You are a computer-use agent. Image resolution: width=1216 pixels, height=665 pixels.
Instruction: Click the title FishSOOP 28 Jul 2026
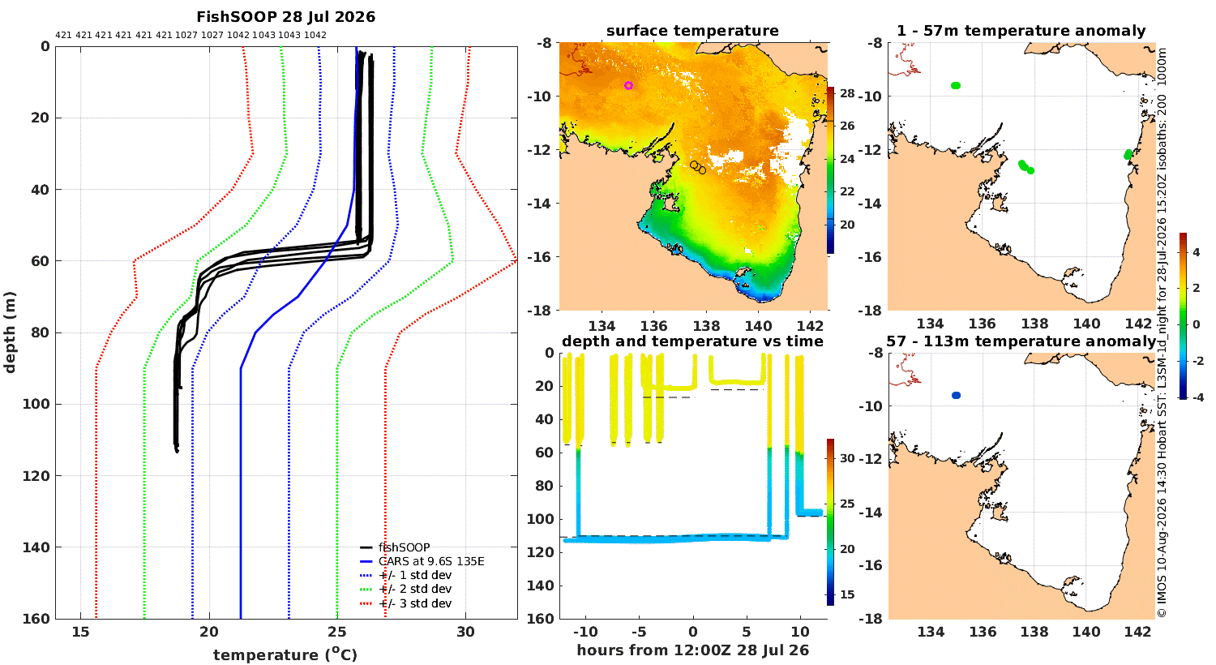click(x=285, y=17)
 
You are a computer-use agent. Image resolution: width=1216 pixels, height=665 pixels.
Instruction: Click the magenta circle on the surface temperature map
click(x=628, y=85)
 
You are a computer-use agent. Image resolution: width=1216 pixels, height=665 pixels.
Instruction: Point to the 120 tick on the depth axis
click(x=36, y=475)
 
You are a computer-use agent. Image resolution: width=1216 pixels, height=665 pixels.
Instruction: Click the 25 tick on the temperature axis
click(x=337, y=632)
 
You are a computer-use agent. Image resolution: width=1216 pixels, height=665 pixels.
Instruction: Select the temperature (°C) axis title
click(x=285, y=654)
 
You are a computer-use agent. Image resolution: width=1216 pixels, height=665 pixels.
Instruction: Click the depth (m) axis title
click(x=9, y=332)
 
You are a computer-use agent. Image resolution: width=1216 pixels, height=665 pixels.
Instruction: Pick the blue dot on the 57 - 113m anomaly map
click(x=956, y=395)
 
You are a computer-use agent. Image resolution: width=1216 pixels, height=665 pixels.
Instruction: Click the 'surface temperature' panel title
click(x=692, y=31)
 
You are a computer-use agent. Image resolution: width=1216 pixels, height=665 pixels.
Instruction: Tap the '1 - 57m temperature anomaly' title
click(x=1021, y=31)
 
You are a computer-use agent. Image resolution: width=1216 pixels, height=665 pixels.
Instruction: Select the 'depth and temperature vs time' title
click(x=692, y=341)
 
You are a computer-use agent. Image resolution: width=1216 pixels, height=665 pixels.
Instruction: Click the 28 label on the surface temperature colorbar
click(x=847, y=93)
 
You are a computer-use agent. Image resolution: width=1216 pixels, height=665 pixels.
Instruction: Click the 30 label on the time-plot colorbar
click(x=847, y=458)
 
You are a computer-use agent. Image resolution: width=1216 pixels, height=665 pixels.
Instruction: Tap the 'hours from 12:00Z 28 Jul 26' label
click(x=692, y=650)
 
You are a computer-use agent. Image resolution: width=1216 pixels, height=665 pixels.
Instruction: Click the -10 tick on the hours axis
click(x=585, y=632)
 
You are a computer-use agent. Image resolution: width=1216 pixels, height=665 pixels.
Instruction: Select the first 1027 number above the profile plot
click(x=186, y=36)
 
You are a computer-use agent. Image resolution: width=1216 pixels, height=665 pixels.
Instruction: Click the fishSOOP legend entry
click(x=404, y=547)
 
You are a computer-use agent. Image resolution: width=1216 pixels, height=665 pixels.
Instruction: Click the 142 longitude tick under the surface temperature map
click(x=811, y=326)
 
